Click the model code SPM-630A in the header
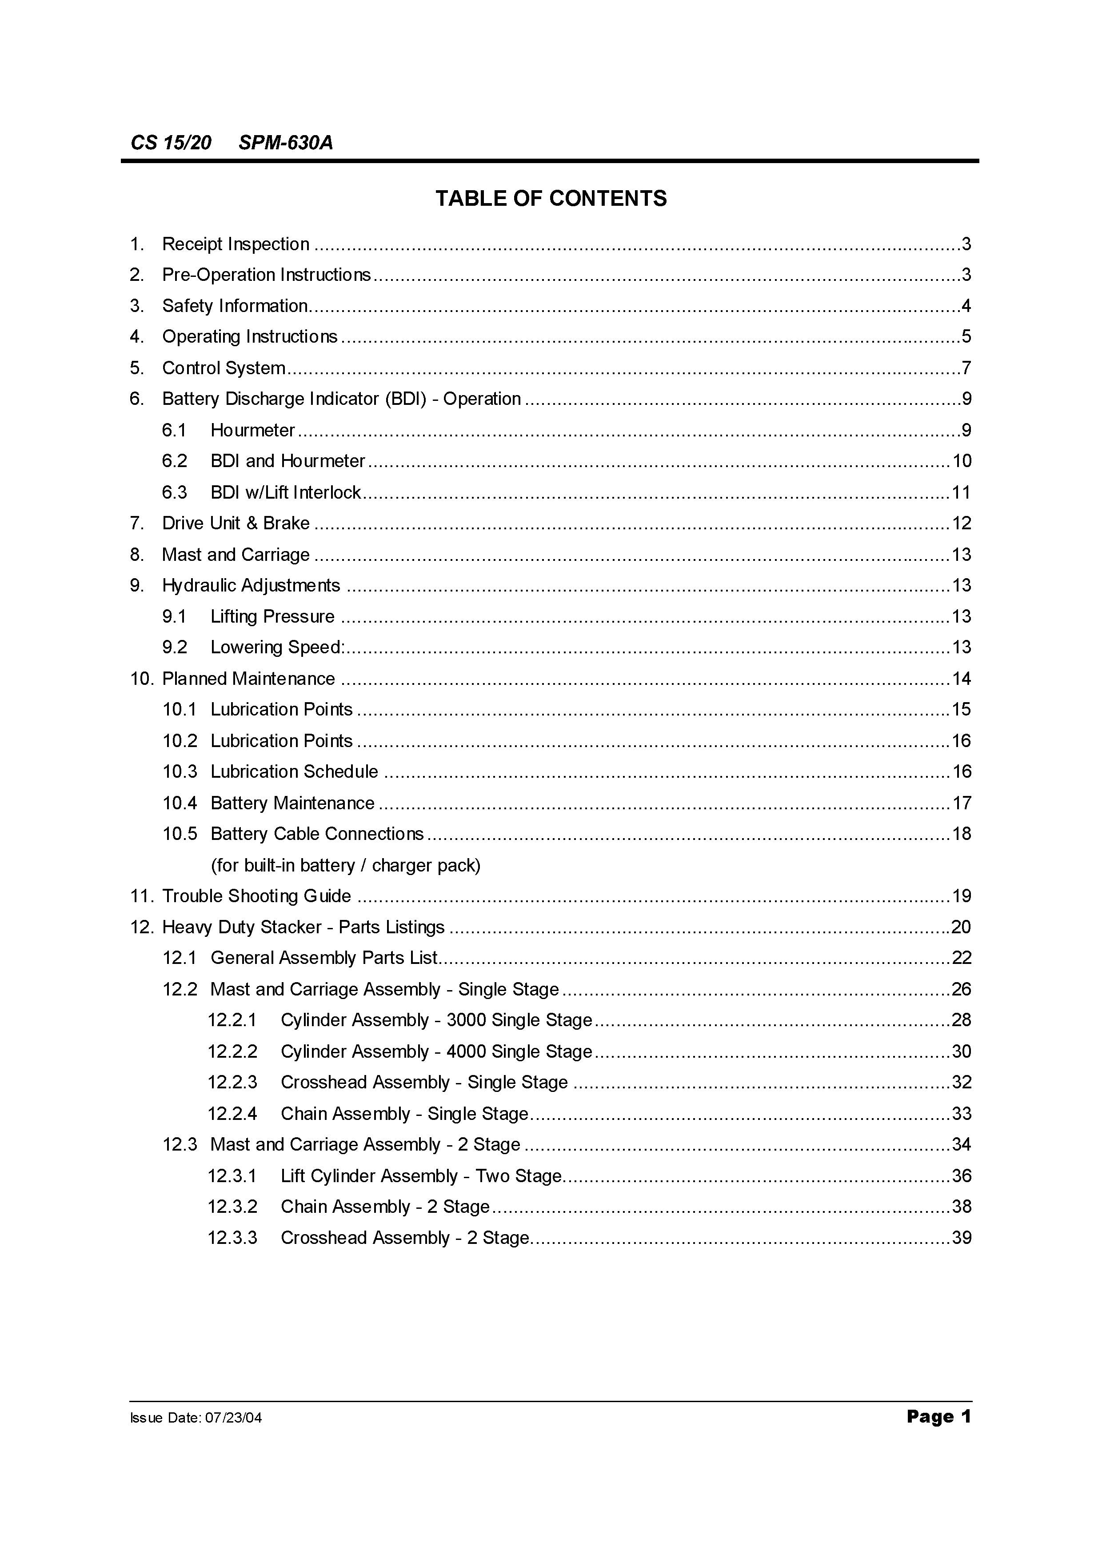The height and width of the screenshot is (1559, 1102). pyautogui.click(x=286, y=143)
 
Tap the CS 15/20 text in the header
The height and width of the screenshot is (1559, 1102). pyautogui.click(x=171, y=143)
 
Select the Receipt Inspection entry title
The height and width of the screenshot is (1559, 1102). pyautogui.click(x=236, y=244)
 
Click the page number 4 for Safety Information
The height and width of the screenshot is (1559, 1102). pyautogui.click(x=966, y=306)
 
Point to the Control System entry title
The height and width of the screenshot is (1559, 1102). pyautogui.click(x=224, y=368)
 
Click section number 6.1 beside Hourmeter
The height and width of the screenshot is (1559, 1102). pyautogui.click(x=174, y=430)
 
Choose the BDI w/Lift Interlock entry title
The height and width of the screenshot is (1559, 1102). pyautogui.click(x=285, y=492)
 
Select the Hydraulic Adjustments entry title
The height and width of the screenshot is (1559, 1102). pyautogui.click(x=251, y=585)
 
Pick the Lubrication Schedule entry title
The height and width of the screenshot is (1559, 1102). pyautogui.click(x=294, y=772)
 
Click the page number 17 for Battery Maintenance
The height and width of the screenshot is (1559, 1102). pyautogui.click(x=962, y=803)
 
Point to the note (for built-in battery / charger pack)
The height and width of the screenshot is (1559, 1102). pyautogui.click(x=345, y=865)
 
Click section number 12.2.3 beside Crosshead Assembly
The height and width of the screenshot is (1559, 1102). pyautogui.click(x=232, y=1082)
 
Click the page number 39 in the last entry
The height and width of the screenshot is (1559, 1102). pyautogui.click(x=962, y=1237)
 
